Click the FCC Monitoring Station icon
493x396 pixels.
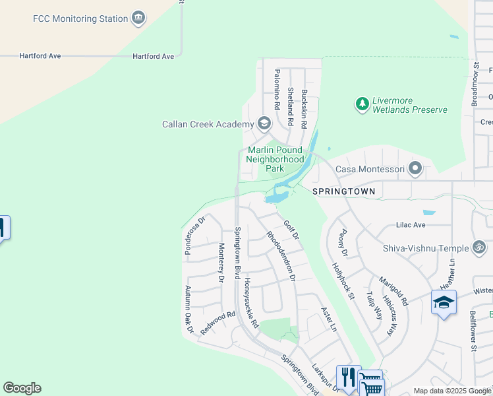pyautogui.click(x=138, y=18)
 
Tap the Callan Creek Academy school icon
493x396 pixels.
pyautogui.click(x=264, y=124)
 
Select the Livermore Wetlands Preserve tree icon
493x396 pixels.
pyautogui.click(x=362, y=104)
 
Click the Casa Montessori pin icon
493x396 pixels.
pyautogui.click(x=415, y=170)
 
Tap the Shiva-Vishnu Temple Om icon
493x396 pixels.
pyautogui.click(x=480, y=248)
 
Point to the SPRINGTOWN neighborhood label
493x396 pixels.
pyautogui.click(x=343, y=191)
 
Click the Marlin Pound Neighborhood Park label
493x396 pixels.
pyautogui.click(x=275, y=159)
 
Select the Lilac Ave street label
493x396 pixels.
pyautogui.click(x=411, y=225)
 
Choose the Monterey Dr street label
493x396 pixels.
pyautogui.click(x=221, y=262)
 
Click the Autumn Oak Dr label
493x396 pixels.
pyautogui.click(x=188, y=309)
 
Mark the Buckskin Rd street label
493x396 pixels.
pyautogui.click(x=304, y=108)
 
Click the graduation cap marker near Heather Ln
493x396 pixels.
pyautogui.click(x=444, y=303)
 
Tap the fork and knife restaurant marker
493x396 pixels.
pyautogui.click(x=348, y=378)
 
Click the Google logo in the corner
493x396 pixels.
pyautogui.click(x=22, y=388)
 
